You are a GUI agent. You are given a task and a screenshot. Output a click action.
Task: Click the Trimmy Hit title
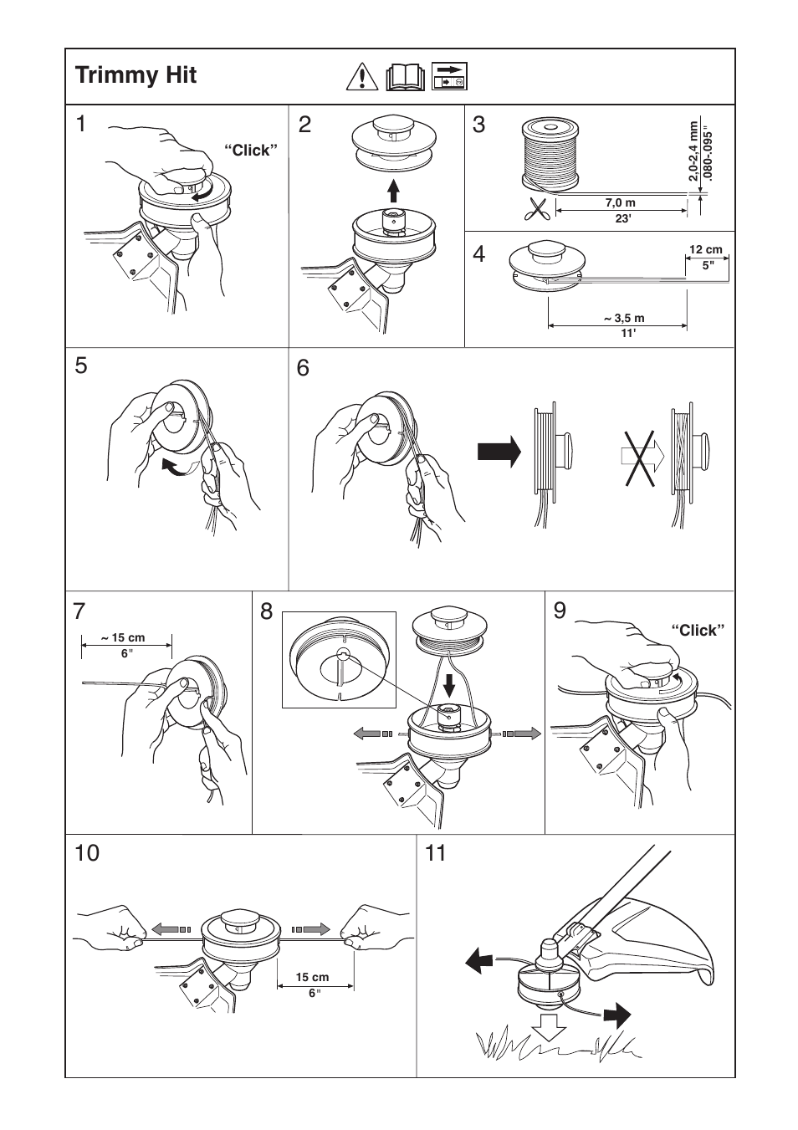click(x=136, y=75)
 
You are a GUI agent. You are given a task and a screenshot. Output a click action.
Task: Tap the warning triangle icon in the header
click(x=361, y=77)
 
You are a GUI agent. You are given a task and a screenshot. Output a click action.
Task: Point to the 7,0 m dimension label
click(x=620, y=203)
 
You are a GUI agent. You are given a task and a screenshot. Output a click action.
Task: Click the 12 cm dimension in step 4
click(x=705, y=250)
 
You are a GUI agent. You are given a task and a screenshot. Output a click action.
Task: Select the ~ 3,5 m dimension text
click(x=624, y=319)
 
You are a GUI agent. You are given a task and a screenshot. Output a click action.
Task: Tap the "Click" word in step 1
click(x=249, y=151)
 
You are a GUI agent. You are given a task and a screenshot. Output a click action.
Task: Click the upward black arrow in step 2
click(x=394, y=192)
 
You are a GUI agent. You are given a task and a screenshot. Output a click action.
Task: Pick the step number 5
click(x=81, y=366)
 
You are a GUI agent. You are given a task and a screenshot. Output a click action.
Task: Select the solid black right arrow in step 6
click(x=499, y=453)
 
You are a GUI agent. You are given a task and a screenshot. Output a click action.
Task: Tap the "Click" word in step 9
click(x=695, y=631)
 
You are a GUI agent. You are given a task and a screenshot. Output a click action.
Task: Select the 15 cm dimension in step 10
click(x=313, y=977)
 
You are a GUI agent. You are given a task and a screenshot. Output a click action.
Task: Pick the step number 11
click(x=436, y=853)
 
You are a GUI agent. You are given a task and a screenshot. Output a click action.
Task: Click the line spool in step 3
click(x=550, y=153)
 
